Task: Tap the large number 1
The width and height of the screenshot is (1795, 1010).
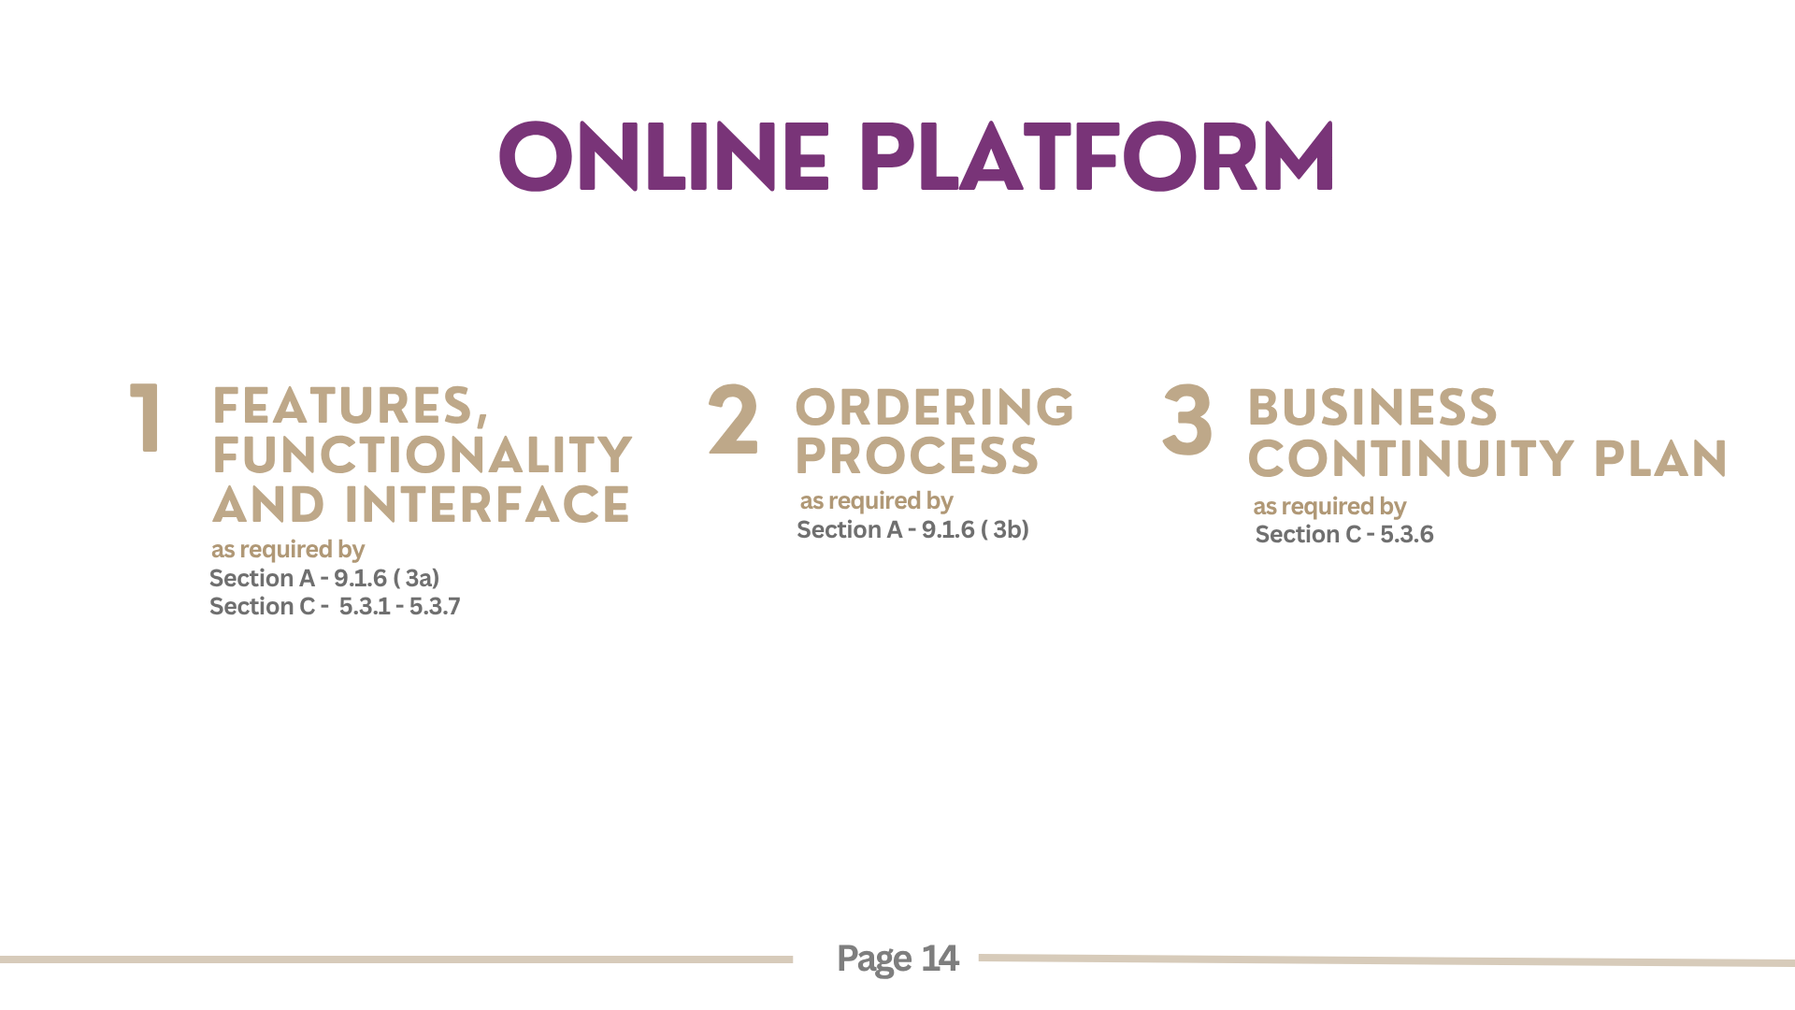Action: click(145, 418)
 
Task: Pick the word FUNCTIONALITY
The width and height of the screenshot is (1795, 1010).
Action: click(423, 455)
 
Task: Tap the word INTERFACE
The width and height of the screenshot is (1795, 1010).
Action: click(487, 505)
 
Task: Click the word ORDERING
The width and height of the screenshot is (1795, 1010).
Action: click(935, 408)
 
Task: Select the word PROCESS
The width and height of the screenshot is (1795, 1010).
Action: click(916, 456)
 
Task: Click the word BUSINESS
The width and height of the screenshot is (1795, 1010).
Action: click(1372, 408)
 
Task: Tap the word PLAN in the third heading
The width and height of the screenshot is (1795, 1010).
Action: click(1660, 459)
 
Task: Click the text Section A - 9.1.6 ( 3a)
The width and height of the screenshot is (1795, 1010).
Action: click(324, 578)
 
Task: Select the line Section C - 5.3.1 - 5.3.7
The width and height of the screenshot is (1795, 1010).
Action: click(335, 606)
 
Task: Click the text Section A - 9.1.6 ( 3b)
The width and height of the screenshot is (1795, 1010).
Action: click(912, 529)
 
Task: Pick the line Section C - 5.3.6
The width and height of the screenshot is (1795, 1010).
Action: click(1344, 534)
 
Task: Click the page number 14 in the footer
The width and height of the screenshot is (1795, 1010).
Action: click(940, 959)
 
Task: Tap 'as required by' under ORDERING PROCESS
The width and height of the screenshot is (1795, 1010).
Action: click(876, 501)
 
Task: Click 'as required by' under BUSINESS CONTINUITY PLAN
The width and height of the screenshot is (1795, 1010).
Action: click(1329, 507)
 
